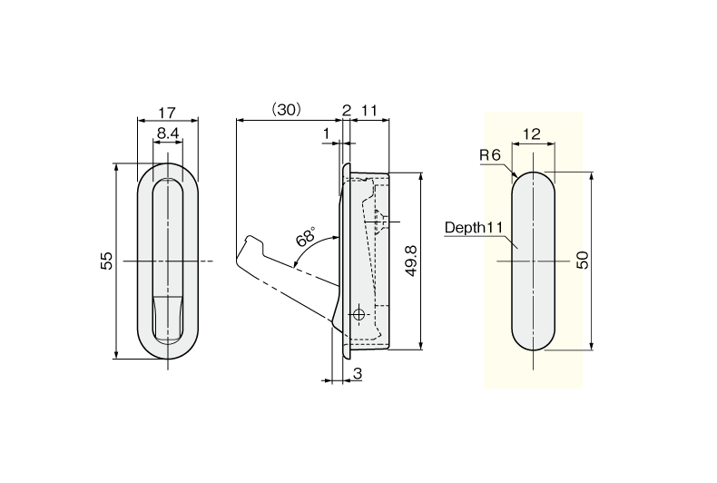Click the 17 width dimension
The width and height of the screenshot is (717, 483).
click(166, 113)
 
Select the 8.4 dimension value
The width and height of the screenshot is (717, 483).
click(166, 133)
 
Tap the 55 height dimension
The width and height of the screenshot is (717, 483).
click(107, 261)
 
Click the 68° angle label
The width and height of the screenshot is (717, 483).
click(307, 239)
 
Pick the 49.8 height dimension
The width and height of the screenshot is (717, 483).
click(410, 261)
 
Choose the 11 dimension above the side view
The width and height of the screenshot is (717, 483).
click(369, 110)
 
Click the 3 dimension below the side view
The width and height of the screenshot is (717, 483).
click(358, 373)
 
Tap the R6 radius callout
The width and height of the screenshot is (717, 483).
click(490, 155)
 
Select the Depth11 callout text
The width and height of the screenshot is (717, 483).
click(474, 228)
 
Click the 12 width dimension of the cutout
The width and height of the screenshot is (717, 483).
click(532, 133)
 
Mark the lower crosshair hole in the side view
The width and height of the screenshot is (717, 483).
click(358, 314)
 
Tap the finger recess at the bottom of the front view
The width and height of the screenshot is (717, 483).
click(166, 317)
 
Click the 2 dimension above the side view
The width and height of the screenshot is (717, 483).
click(347, 110)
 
